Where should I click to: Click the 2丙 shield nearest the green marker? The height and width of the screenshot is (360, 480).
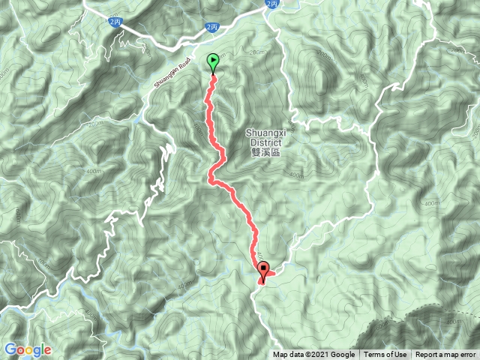(212, 27)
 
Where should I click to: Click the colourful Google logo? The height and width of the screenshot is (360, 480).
(28, 349)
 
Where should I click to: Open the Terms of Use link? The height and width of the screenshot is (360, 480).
(385, 355)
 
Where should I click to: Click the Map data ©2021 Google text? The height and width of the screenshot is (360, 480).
(313, 355)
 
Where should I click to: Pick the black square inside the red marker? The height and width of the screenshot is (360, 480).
(263, 268)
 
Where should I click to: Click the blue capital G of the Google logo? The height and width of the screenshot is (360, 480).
(10, 349)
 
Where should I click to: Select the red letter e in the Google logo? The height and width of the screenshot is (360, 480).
(48, 350)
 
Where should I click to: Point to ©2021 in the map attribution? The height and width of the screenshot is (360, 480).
(318, 355)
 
